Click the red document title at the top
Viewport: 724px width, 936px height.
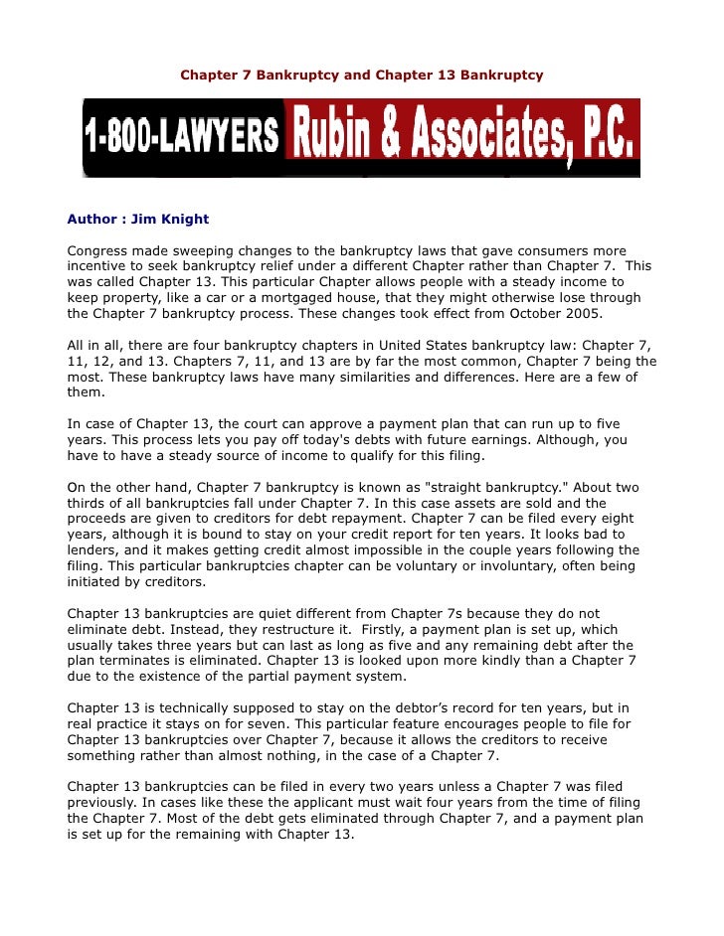tap(361, 76)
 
